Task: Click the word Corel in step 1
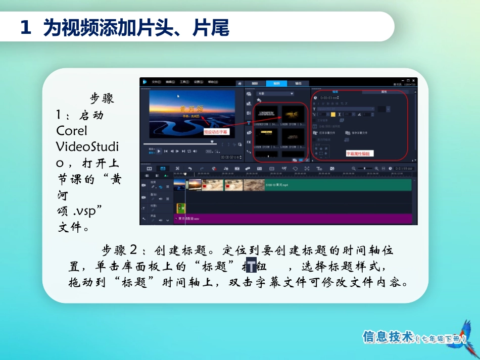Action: [72, 131]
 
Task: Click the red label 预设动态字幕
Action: [216, 131]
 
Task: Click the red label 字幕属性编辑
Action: [359, 153]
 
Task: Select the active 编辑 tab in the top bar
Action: [276, 83]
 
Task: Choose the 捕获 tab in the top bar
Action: [255, 83]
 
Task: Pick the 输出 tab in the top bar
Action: [298, 83]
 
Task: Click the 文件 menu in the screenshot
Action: [156, 81]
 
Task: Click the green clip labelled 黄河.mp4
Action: [339, 185]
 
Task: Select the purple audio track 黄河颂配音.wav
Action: [293, 219]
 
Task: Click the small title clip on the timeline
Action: [180, 208]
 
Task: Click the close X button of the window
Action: [413, 80]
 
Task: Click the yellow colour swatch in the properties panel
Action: [333, 114]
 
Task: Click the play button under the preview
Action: [159, 150]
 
